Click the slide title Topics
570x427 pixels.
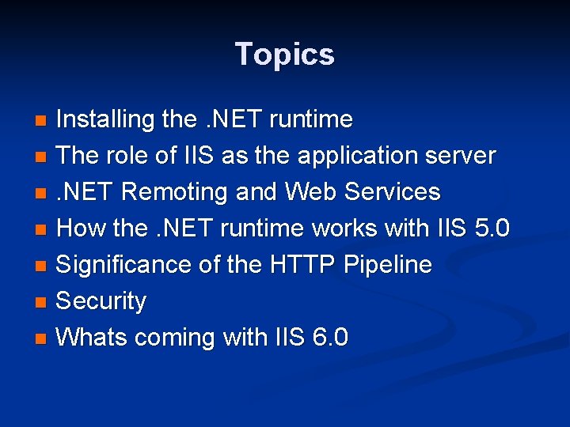click(x=285, y=55)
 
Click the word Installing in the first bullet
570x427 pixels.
click(x=105, y=120)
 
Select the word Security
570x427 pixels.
click(x=102, y=301)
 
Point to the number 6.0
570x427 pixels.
click(x=330, y=338)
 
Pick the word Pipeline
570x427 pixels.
click(x=388, y=265)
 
